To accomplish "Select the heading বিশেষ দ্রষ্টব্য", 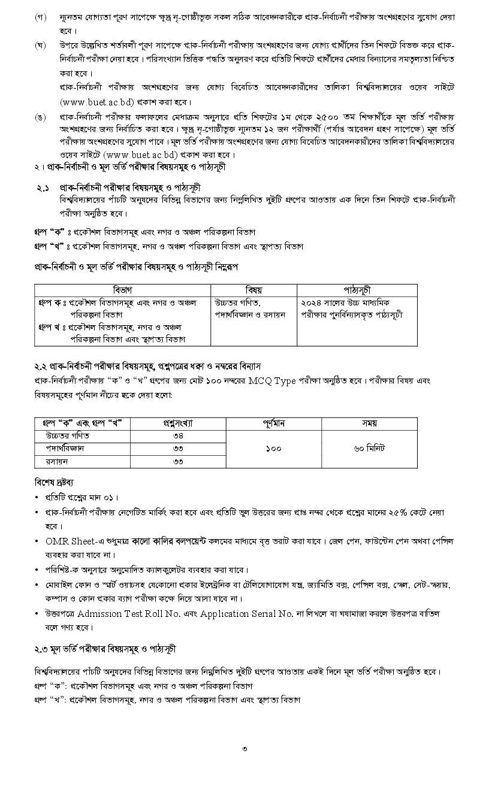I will (55, 482).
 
